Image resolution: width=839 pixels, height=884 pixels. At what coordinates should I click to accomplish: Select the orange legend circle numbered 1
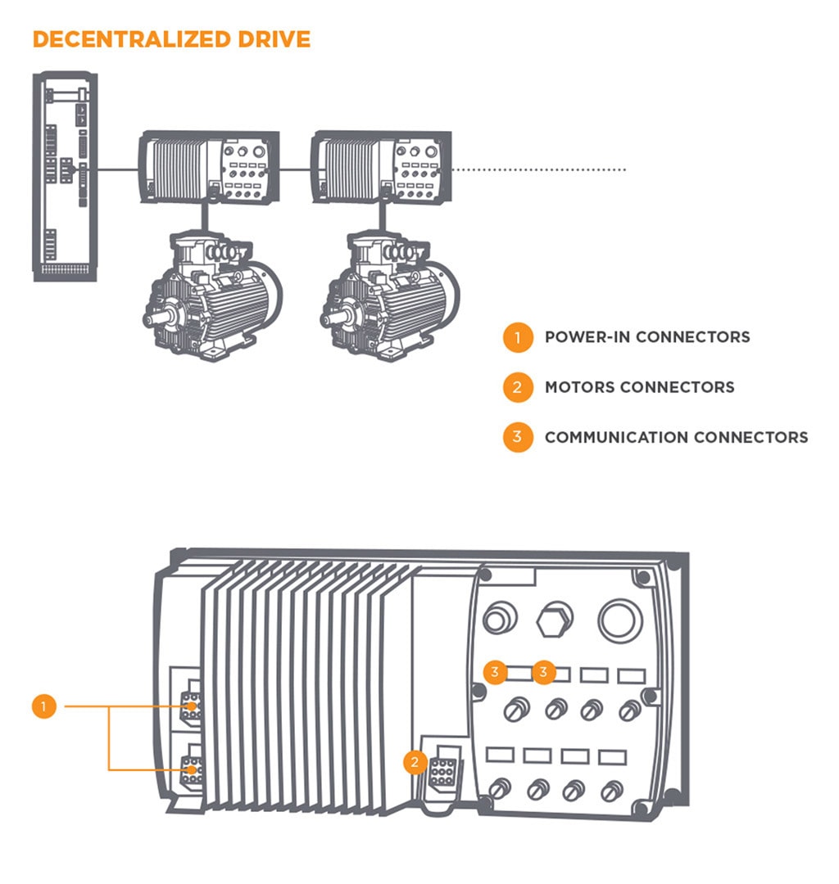point(517,336)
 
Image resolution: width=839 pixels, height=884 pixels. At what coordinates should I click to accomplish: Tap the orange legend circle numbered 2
point(517,387)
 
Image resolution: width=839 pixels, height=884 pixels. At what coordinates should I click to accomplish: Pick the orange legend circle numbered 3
point(517,437)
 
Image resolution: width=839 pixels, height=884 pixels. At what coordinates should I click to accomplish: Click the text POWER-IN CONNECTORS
point(647,336)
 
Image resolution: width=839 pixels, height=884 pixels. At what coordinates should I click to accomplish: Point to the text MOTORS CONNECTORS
point(639,387)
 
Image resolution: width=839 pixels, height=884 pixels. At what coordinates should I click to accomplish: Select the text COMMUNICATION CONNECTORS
point(676,437)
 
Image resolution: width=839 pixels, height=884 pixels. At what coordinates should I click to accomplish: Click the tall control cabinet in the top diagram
point(66,176)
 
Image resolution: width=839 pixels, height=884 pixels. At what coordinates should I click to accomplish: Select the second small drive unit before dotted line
point(381,166)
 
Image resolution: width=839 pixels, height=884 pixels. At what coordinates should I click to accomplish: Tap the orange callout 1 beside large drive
point(44,706)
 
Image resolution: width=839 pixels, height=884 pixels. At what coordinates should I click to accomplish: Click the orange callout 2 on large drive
point(415,763)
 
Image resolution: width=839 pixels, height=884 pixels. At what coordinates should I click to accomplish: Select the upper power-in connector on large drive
point(192,706)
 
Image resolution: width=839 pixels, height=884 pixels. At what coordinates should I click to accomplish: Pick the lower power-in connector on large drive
point(192,769)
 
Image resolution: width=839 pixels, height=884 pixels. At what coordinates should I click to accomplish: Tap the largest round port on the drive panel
point(620,620)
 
